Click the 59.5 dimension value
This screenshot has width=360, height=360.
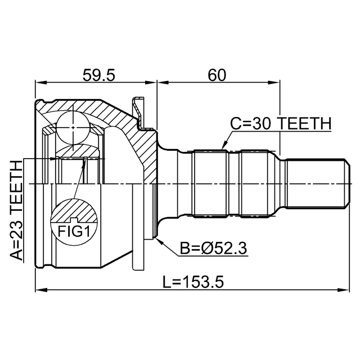pyautogui.click(x=98, y=75)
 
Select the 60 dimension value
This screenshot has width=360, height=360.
pyautogui.click(x=217, y=75)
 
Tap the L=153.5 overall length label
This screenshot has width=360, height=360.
pyautogui.click(x=193, y=282)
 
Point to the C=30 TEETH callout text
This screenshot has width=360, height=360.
pyautogui.click(x=281, y=124)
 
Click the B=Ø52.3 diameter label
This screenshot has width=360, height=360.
pyautogui.click(x=213, y=248)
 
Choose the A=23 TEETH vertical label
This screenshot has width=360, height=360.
pyautogui.click(x=17, y=210)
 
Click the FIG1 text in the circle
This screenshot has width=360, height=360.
pyautogui.click(x=74, y=231)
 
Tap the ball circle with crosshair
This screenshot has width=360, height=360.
pyautogui.click(x=73, y=128)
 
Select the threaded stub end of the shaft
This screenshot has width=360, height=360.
pyautogui.click(x=318, y=184)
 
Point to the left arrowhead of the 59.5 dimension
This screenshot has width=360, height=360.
pyautogui.click(x=40, y=82)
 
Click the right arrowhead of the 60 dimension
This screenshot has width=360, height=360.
pyautogui.click(x=274, y=82)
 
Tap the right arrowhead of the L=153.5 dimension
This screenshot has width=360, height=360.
pyautogui.click(x=344, y=290)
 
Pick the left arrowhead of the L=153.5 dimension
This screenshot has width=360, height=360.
pyautogui.click(x=40, y=290)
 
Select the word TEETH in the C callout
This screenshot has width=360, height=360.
pyautogui.click(x=305, y=124)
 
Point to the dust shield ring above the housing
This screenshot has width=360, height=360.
pyautogui.click(x=138, y=112)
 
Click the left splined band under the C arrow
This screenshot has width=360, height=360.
pyautogui.click(x=210, y=184)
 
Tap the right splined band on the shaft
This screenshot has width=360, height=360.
pyautogui.click(x=254, y=184)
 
